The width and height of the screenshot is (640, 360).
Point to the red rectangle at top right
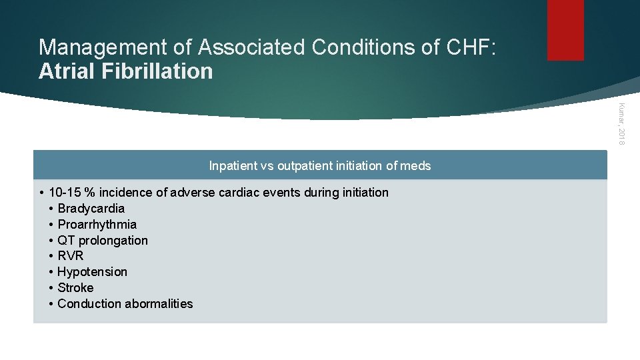coord(565,30)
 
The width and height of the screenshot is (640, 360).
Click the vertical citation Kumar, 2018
coord(620,123)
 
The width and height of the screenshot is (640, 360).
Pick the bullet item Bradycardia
coord(91,209)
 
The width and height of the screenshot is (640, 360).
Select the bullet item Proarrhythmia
coord(97,225)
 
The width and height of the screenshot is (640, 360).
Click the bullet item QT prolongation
coord(103,241)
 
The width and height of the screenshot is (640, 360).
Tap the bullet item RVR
coord(71,256)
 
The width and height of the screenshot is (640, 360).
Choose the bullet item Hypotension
coord(92,272)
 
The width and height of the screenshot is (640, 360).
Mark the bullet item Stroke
coord(75,288)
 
